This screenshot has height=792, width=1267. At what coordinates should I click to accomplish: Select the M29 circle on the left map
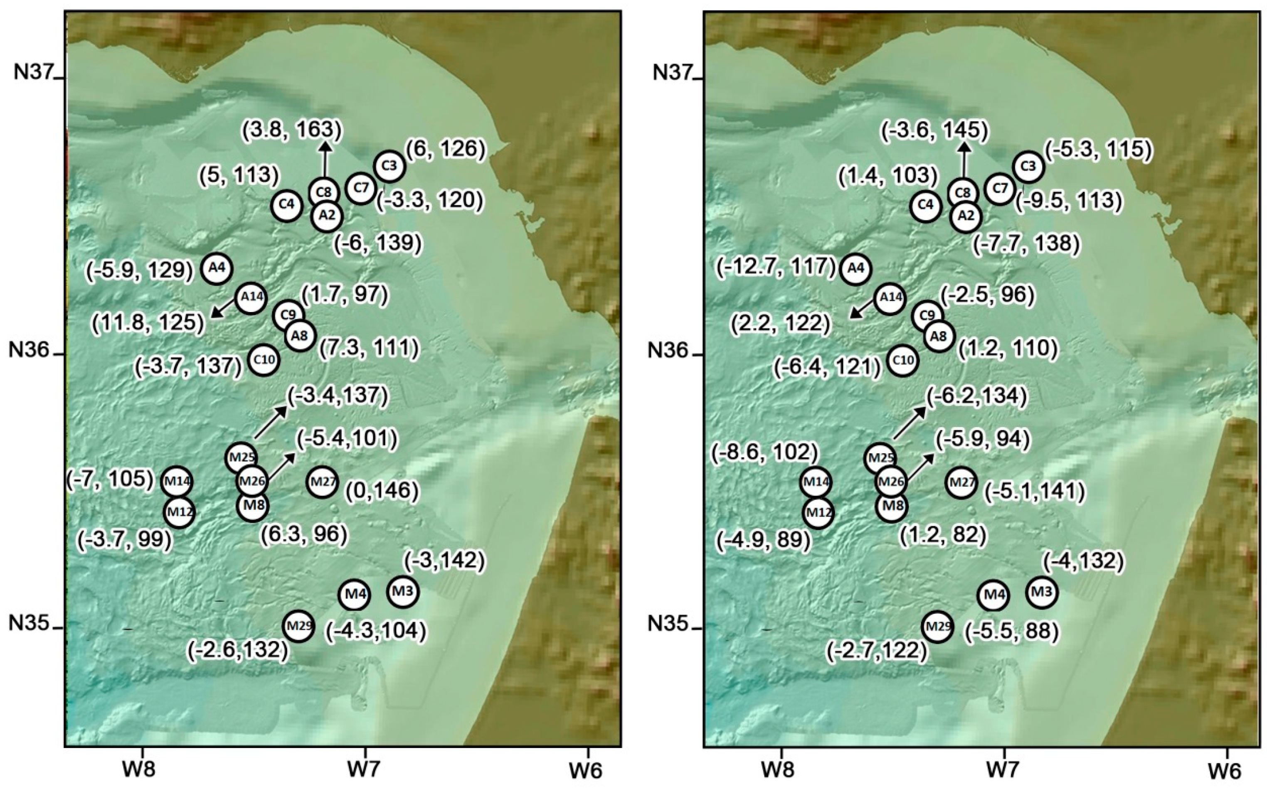tap(299, 625)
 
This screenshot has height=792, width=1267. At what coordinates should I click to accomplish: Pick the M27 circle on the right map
tap(961, 482)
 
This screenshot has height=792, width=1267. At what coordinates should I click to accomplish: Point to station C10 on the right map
tap(903, 360)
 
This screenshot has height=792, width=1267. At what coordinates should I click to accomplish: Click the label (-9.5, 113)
tap(1069, 201)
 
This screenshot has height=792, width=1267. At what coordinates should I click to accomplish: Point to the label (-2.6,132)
tap(237, 650)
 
